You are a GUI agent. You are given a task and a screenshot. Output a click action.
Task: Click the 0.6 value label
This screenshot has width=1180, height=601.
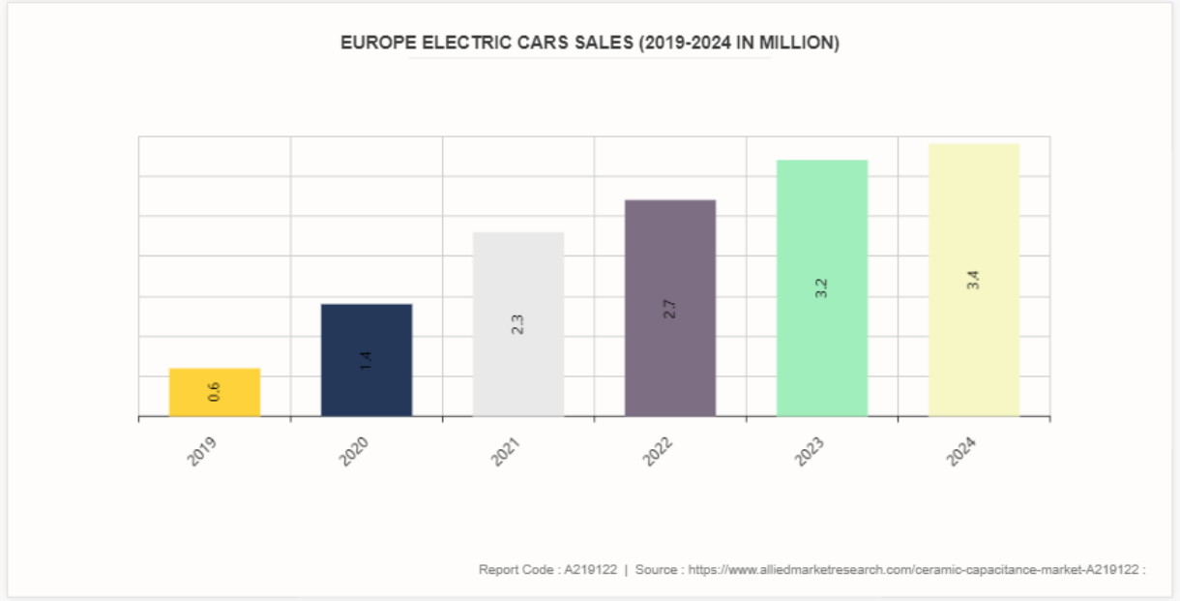pyautogui.click(x=215, y=392)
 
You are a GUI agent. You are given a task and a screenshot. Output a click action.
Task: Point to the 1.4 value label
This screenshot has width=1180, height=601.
pyautogui.click(x=367, y=361)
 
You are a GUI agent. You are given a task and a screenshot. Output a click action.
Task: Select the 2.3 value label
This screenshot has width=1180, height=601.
pyautogui.click(x=518, y=324)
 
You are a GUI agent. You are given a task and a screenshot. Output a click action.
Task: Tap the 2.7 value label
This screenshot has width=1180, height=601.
pyautogui.click(x=670, y=309)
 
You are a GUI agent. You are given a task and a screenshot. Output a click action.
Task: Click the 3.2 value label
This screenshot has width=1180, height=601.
pyautogui.click(x=822, y=287)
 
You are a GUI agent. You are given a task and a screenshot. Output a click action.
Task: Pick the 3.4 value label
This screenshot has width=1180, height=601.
pyautogui.click(x=974, y=280)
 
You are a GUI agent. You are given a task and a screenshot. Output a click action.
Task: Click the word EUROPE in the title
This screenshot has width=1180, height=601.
pyautogui.click(x=373, y=43)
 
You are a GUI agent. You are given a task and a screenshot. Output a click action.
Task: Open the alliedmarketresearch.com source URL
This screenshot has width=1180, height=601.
pyautogui.click(x=913, y=569)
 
